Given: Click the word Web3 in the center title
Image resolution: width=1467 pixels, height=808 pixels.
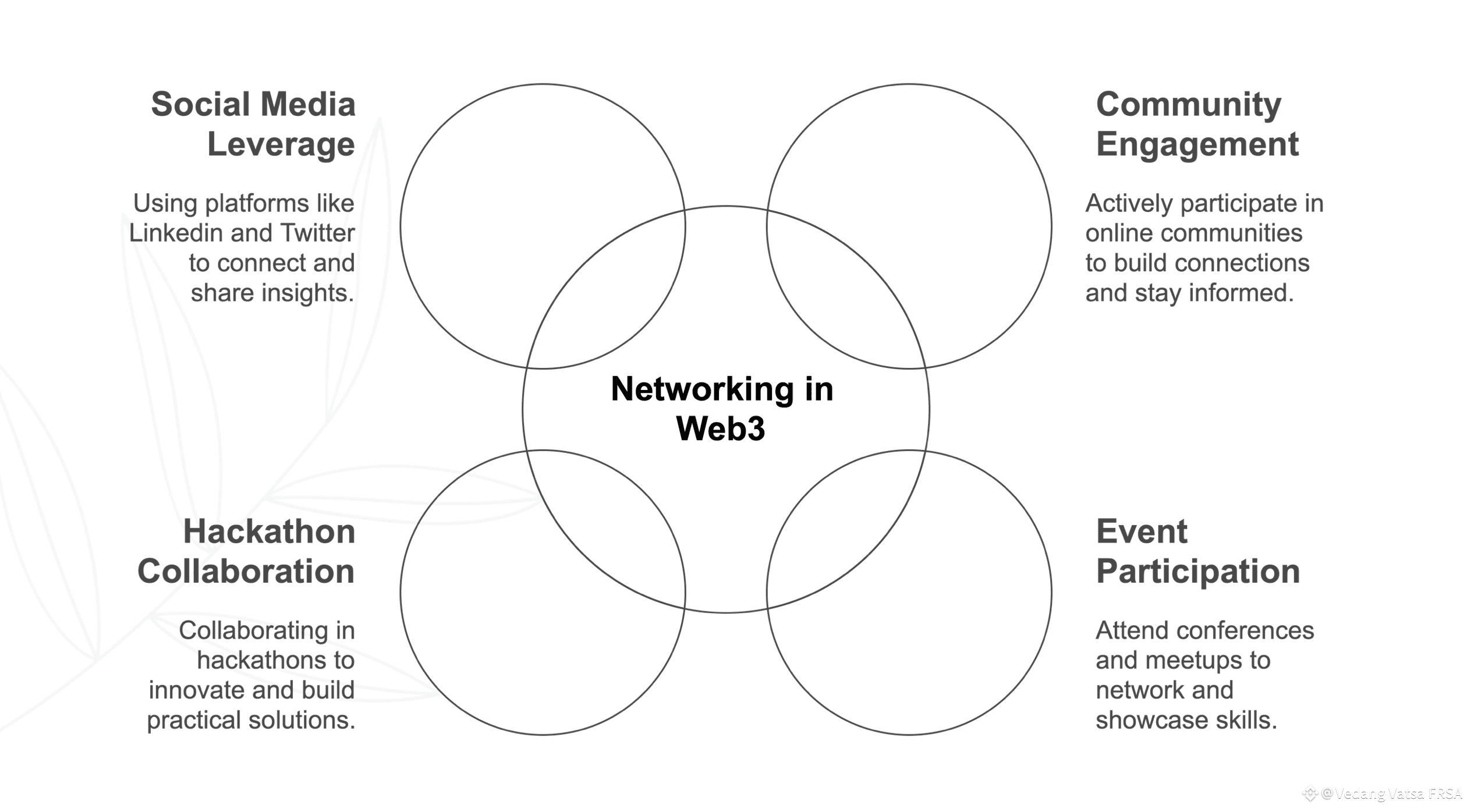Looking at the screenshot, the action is click(720, 428).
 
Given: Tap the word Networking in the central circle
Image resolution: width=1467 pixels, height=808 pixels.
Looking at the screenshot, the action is click(703, 390).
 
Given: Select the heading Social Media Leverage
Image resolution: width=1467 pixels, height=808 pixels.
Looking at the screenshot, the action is click(253, 124).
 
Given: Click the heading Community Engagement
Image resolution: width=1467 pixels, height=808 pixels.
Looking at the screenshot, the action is click(1197, 124).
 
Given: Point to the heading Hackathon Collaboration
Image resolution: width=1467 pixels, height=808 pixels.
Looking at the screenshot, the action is click(246, 551).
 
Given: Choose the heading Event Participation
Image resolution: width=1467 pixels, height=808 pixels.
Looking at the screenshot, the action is click(1198, 551).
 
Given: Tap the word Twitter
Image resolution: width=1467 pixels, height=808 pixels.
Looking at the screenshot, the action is click(317, 233).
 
